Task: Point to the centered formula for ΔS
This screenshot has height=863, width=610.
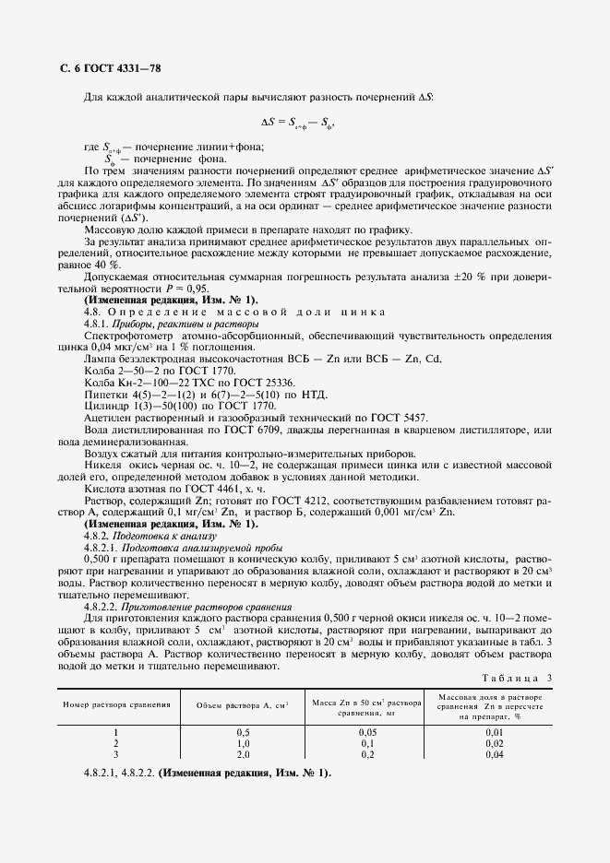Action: pyautogui.click(x=297, y=122)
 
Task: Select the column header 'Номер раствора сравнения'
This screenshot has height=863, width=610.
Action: pyautogui.click(x=117, y=703)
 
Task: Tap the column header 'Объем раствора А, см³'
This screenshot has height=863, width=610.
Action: pyautogui.click(x=243, y=704)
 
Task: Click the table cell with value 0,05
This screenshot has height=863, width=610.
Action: pyautogui.click(x=365, y=731)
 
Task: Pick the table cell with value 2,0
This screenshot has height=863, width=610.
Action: pyautogui.click(x=243, y=753)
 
